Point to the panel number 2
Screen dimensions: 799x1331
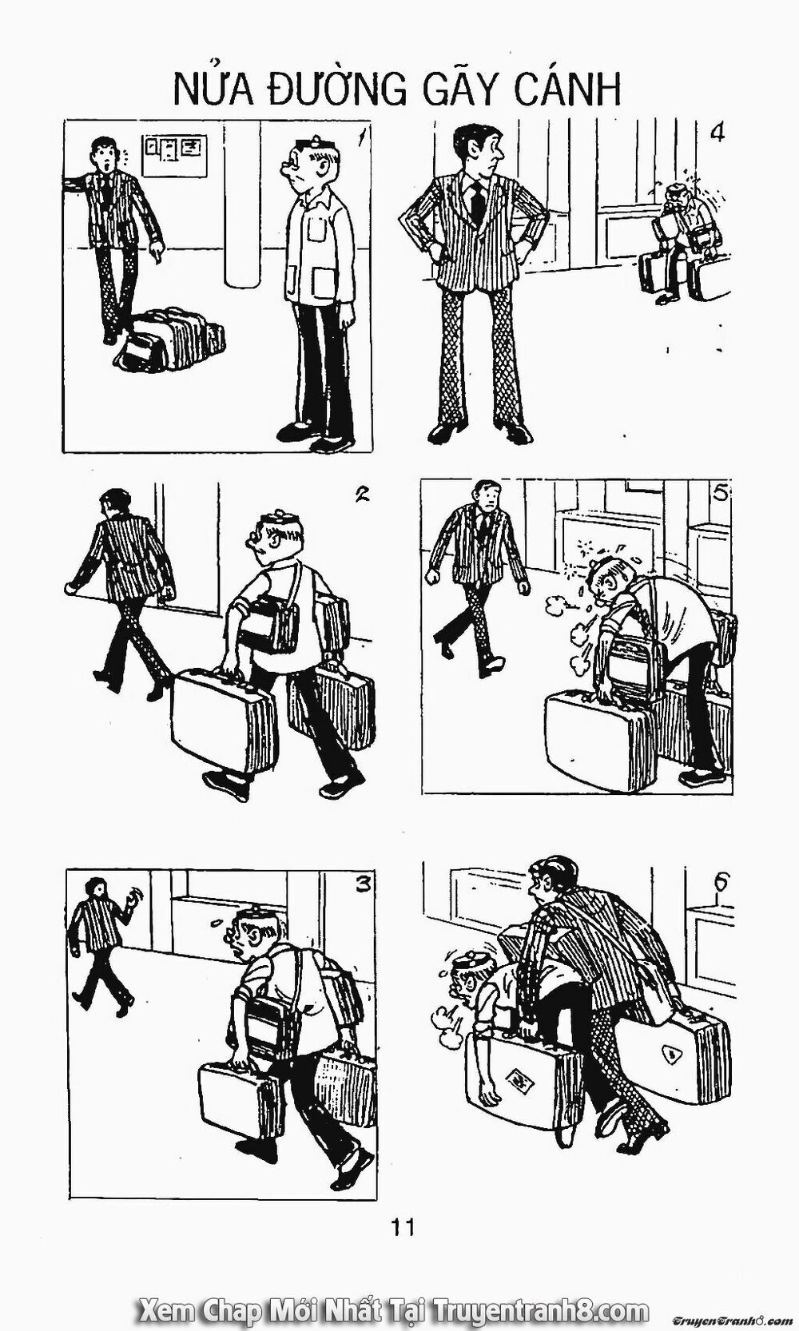(361, 494)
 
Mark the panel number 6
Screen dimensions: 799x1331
(721, 883)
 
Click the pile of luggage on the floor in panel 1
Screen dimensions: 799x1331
(170, 339)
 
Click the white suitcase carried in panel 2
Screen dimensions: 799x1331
(224, 720)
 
